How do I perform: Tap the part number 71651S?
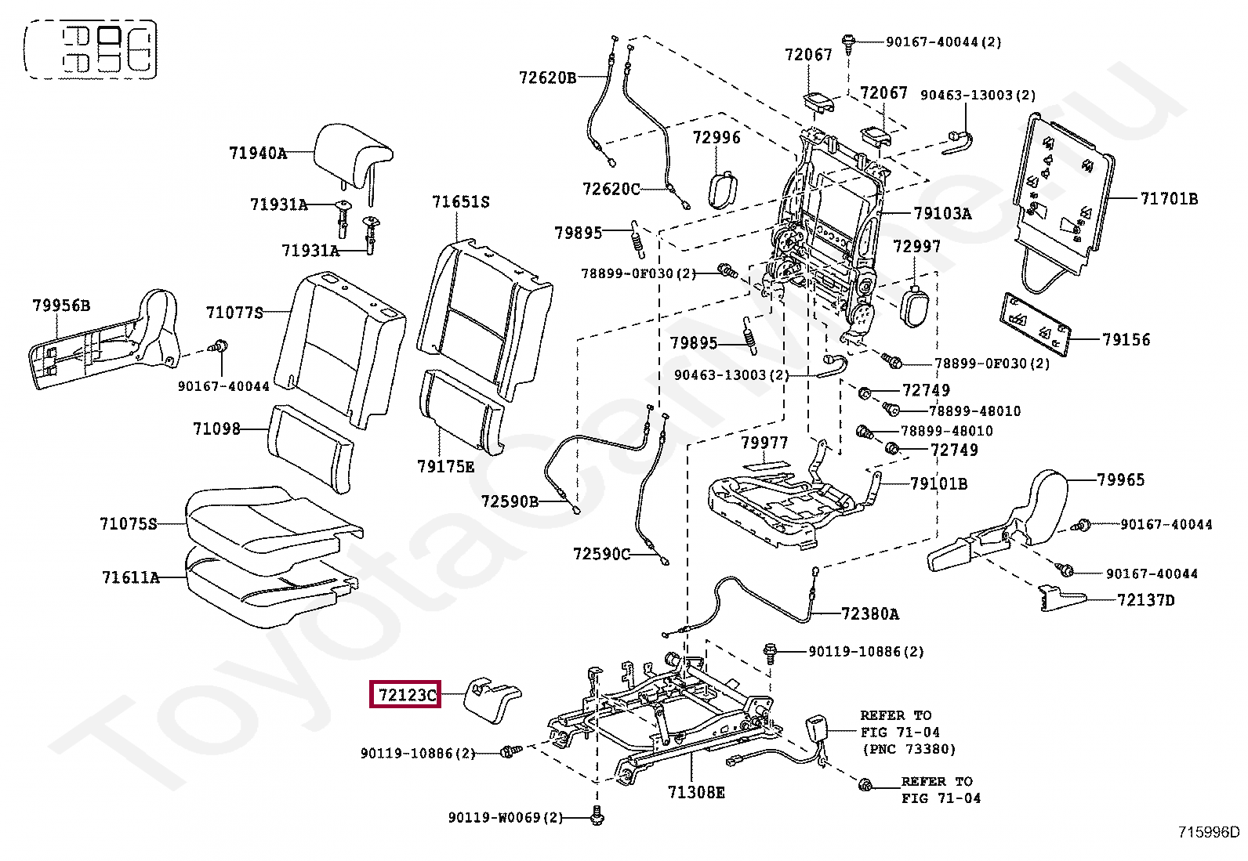[461, 201]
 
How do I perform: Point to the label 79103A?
[943, 213]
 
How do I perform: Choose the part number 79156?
[1126, 339]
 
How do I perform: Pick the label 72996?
[717, 138]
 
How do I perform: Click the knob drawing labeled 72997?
[915, 306]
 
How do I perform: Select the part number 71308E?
[696, 791]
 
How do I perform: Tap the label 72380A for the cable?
[869, 613]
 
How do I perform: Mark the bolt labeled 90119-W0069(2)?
[597, 817]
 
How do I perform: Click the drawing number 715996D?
[1209, 831]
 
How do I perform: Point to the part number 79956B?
[61, 306]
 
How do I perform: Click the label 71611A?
[131, 577]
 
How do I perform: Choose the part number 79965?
[1120, 479]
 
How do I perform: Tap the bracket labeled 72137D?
[1062, 598]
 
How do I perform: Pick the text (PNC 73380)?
[909, 749]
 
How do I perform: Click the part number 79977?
[764, 443]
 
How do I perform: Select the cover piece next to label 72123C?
[492, 700]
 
